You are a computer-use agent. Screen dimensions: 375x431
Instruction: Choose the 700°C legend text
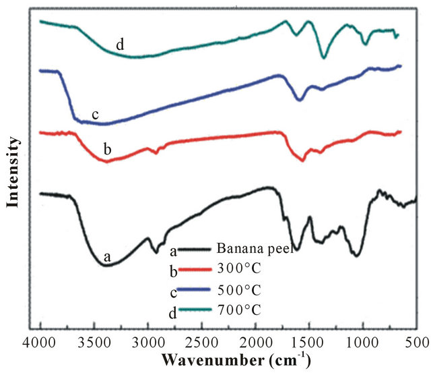coord(237,310)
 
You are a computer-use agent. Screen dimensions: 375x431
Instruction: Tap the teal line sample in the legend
coord(196,310)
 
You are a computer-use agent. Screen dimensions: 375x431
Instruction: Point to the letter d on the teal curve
coord(119,45)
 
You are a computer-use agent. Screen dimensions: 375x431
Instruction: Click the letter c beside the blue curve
coord(96,115)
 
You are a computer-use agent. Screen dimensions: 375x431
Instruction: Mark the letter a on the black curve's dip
coord(106,256)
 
